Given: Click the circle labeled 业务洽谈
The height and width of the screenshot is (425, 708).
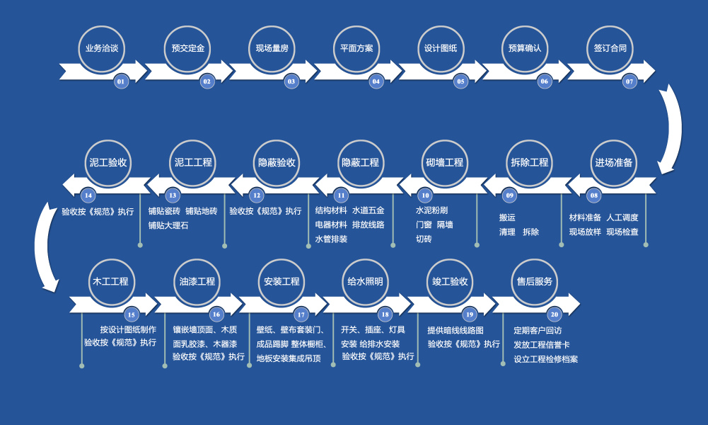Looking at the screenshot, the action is pos(101,48).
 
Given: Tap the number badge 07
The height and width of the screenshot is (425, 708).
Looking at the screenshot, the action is pos(629,81).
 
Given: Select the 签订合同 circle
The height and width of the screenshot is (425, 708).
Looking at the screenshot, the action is pos(610,48).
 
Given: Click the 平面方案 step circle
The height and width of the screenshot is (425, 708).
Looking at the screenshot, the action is pos(356,48).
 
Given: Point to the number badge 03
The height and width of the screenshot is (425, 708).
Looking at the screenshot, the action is pos(291,81).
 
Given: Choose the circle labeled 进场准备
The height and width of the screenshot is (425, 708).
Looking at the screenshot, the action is pos(614,162).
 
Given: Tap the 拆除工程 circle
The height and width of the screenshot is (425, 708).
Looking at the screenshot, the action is pos(530,162).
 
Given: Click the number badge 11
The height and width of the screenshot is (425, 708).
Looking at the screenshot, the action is pos(341,195).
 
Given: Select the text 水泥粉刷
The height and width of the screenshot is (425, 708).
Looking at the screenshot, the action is pos(431,210).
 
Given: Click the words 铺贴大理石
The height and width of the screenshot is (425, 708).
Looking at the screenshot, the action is pos(168,225).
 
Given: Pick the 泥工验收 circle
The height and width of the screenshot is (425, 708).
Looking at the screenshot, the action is pos(108,162).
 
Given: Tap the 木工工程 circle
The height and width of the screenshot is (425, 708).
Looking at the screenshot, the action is pos(110,281).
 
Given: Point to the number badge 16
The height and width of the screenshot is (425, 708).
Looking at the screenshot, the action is pos(216,314).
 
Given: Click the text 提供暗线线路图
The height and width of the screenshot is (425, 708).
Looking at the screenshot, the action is pos(455,330).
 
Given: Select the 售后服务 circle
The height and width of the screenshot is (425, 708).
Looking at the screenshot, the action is pos(535,281).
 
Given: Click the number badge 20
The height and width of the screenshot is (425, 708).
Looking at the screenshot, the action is pos(554,314).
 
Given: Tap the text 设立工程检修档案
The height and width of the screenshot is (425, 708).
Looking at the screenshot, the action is pos(545,359).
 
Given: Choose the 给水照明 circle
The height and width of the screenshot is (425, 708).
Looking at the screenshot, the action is pos(366,281).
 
